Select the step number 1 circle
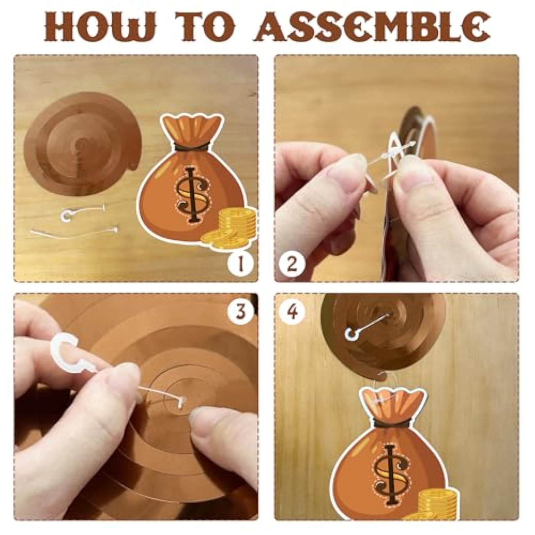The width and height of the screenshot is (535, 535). click(240, 264)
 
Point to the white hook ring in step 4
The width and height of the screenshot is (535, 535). click(351, 334)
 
